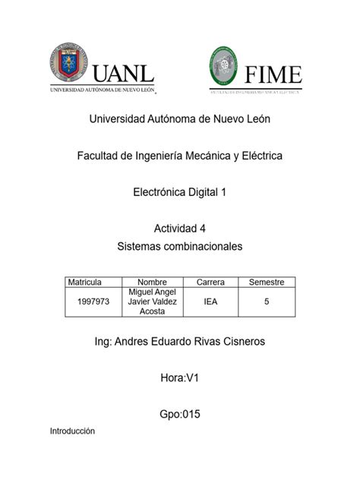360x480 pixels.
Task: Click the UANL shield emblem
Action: tap(68, 63)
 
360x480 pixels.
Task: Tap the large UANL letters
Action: tap(124, 74)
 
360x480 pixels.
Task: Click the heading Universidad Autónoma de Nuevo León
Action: tap(179, 119)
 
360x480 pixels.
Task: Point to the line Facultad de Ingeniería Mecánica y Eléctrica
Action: tap(179, 156)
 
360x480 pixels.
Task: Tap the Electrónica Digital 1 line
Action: tap(179, 192)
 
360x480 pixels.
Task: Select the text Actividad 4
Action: tap(179, 229)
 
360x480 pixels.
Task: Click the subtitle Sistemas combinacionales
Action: tap(179, 246)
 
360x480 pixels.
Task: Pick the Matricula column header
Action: tap(84, 282)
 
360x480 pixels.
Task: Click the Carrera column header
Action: tap(210, 282)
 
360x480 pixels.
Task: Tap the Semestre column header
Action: tap(267, 282)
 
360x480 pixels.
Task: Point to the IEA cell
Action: tap(210, 302)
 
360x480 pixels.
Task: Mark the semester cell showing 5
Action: tap(267, 302)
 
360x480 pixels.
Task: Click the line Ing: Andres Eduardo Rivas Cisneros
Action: tap(179, 343)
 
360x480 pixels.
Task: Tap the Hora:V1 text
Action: tap(179, 378)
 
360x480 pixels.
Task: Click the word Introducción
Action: tap(72, 431)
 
